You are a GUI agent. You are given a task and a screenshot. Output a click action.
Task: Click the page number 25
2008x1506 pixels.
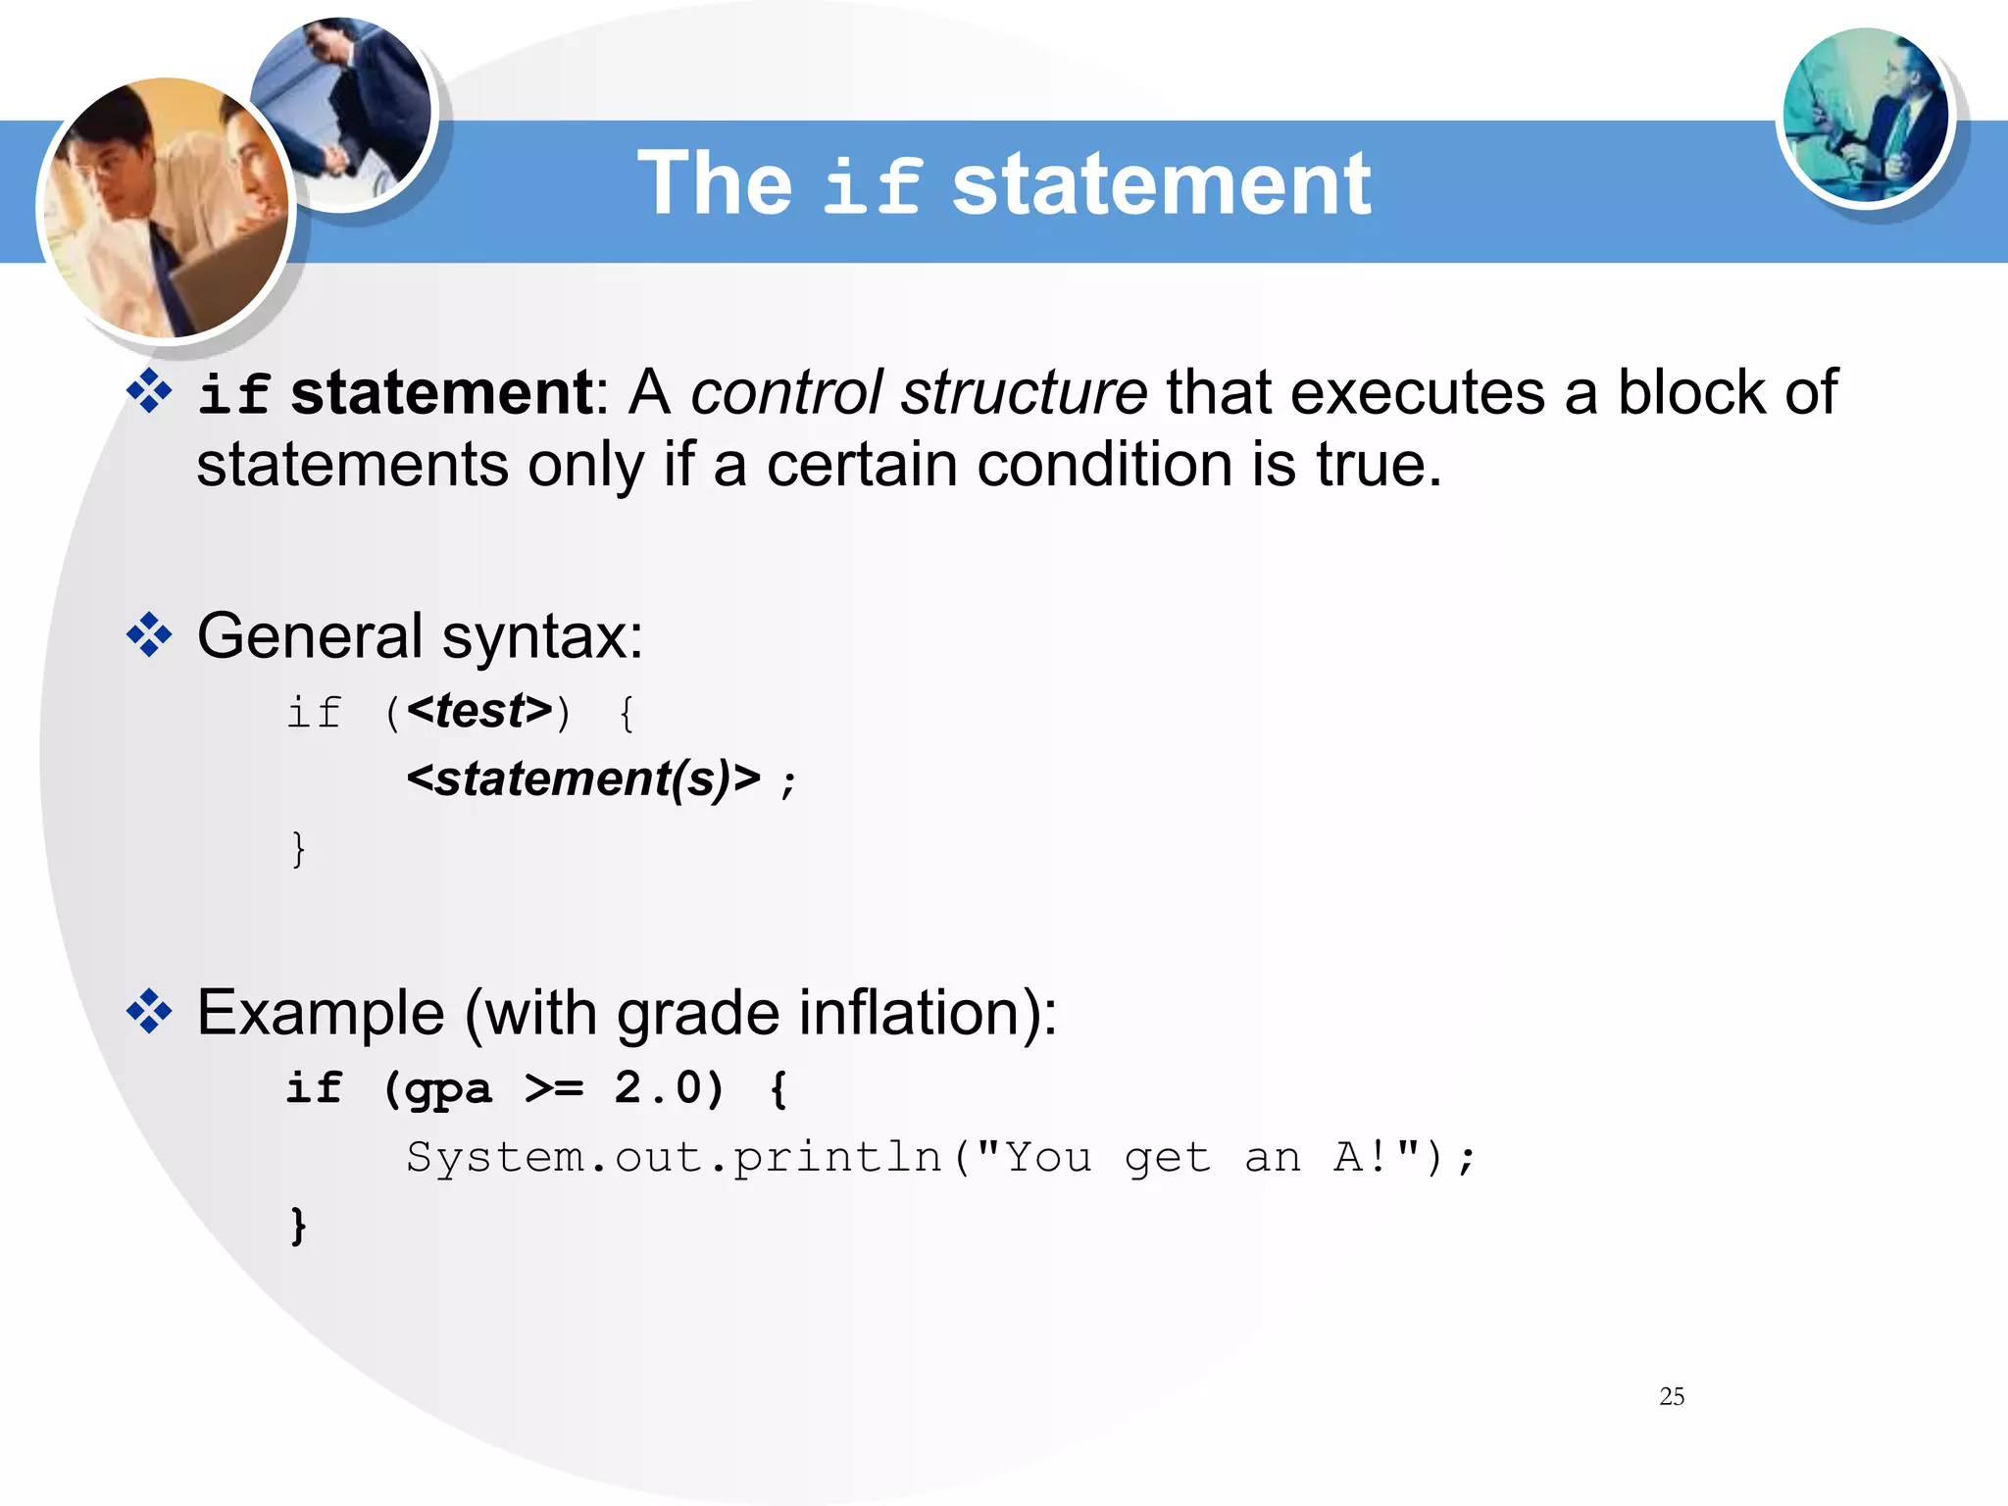pyautogui.click(x=1672, y=1396)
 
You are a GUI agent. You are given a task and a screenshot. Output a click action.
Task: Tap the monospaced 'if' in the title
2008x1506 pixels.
pyautogui.click(x=872, y=186)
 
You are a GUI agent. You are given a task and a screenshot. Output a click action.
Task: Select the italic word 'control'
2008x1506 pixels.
pyautogui.click(x=786, y=393)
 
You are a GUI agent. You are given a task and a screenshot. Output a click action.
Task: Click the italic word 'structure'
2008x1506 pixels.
pyautogui.click(x=1024, y=393)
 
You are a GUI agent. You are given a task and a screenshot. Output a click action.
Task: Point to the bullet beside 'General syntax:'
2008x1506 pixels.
pyautogui.click(x=149, y=635)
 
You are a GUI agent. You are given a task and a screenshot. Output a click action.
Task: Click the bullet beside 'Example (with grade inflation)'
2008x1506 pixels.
pyautogui.click(x=149, y=1012)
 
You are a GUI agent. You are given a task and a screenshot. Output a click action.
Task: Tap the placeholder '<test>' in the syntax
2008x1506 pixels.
pyautogui.click(x=479, y=711)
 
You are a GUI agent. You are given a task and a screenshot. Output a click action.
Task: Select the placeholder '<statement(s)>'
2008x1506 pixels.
pyautogui.click(x=583, y=778)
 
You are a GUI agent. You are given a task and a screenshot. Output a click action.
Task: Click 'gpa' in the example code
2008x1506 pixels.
pyautogui.click(x=448, y=1089)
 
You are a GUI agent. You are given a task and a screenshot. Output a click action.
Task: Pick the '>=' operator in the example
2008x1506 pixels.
pyautogui.click(x=554, y=1088)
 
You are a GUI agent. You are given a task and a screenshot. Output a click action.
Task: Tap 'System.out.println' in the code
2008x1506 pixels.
pyautogui.click(x=675, y=1157)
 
